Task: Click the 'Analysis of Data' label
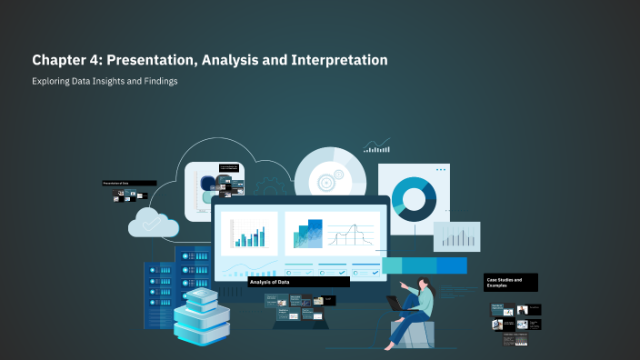point(270,282)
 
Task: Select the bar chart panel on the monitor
point(248,234)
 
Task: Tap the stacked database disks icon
point(202,318)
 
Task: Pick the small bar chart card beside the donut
point(456,236)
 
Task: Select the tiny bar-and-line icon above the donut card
point(375,145)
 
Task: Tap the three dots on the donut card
point(441,170)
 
